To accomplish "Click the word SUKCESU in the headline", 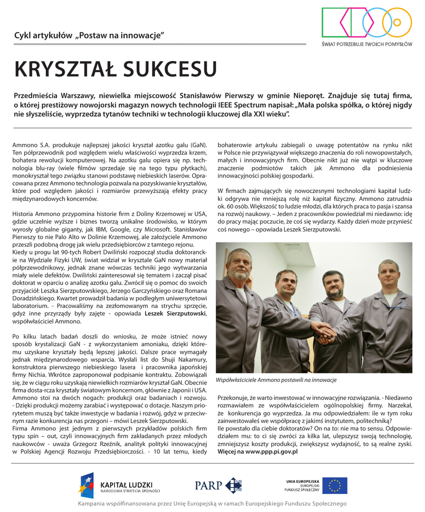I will point(170,69).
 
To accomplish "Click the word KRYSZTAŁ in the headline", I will point(65,69).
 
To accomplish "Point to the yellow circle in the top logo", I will point(398,23).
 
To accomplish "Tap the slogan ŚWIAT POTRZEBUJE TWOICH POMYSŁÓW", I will point(367,44).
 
